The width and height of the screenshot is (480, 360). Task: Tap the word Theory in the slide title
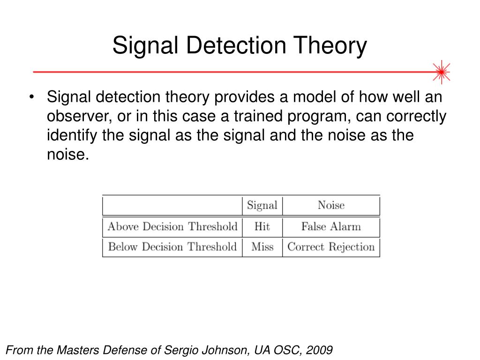coord(334,46)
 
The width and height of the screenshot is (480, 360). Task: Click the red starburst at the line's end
coord(441,72)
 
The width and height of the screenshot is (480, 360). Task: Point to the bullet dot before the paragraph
coord(31,98)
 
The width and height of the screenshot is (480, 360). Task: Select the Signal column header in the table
coord(262,205)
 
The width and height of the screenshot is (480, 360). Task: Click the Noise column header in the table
coord(331,205)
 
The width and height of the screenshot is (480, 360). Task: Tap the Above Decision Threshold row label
coord(172,227)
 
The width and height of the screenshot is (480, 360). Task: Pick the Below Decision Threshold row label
coord(172,247)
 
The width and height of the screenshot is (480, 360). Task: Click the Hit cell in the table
coord(262,227)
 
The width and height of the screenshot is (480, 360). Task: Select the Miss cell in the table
coord(262,247)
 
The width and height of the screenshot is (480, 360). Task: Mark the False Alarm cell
coord(331,227)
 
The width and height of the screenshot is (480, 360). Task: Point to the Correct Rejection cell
coord(331,247)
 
